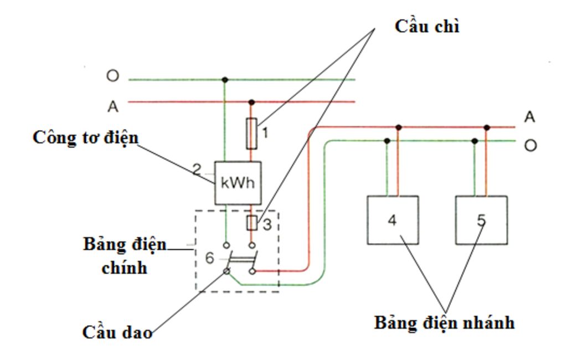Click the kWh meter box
[x=238, y=183]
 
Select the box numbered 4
[x=393, y=220]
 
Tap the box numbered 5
[x=481, y=220]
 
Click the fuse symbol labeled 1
[x=251, y=133]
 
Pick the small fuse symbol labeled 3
[x=251, y=223]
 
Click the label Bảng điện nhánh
[x=445, y=322]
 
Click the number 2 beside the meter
[x=197, y=169]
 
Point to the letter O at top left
[x=112, y=76]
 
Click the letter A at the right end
[x=530, y=117]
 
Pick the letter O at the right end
[x=530, y=146]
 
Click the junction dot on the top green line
[x=225, y=80]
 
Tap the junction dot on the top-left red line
[x=251, y=102]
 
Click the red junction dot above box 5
[x=487, y=127]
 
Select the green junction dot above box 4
[x=387, y=141]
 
